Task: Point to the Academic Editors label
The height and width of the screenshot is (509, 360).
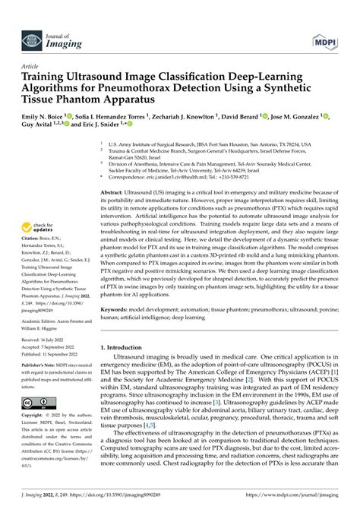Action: (40, 321)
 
